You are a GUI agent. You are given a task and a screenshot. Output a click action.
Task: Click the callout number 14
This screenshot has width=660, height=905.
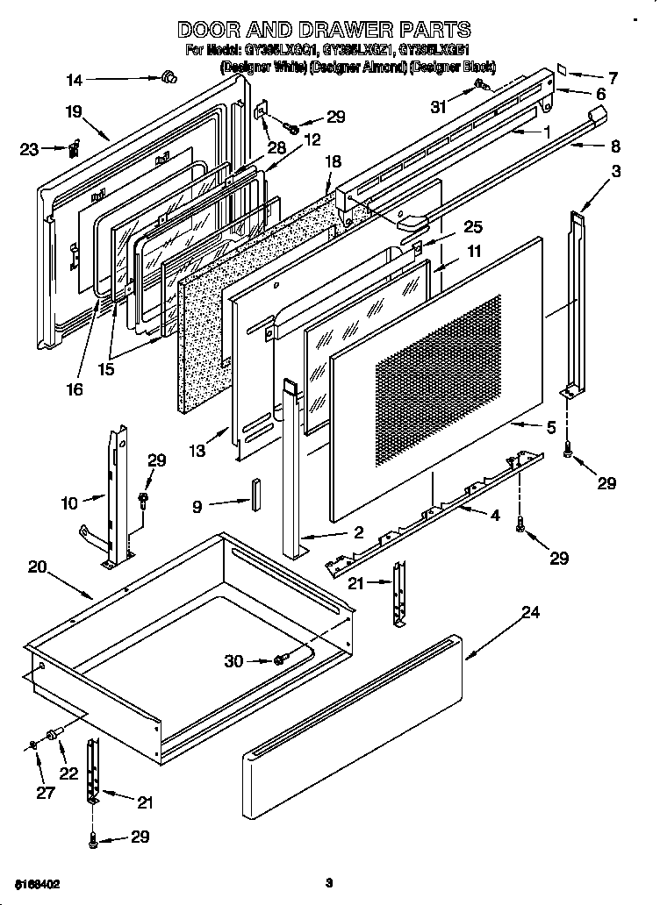point(75,81)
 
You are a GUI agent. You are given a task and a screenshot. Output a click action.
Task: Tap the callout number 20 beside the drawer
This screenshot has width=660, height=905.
point(37,567)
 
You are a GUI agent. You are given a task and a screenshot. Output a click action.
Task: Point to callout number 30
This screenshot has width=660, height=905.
point(233,661)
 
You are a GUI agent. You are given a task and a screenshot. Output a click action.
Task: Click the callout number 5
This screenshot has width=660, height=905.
point(549,428)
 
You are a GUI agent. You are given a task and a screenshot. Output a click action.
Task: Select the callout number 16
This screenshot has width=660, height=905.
point(75,390)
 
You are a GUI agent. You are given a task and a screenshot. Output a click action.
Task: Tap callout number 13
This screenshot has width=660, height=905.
point(197,451)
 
